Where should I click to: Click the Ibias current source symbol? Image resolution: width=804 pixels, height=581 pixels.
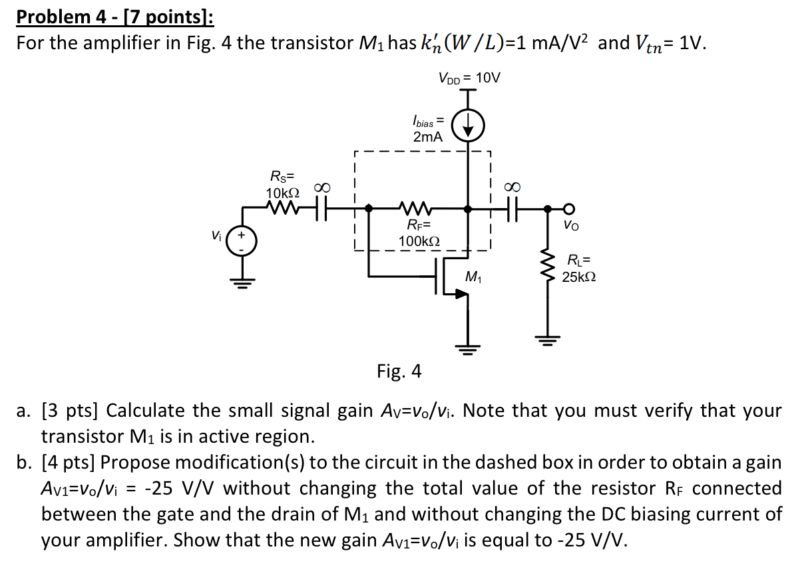pyautogui.click(x=469, y=124)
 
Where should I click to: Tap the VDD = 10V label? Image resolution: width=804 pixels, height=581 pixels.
pyautogui.click(x=469, y=78)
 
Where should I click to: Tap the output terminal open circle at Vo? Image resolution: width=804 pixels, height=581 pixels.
pyautogui.click(x=569, y=208)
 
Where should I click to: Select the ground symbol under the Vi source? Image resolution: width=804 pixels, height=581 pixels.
pyautogui.click(x=240, y=281)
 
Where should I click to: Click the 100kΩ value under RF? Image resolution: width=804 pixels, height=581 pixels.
pyautogui.click(x=419, y=241)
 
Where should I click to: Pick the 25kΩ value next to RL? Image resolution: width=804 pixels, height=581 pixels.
pyautogui.click(x=579, y=277)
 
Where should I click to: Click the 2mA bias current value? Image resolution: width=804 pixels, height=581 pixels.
pyautogui.click(x=427, y=137)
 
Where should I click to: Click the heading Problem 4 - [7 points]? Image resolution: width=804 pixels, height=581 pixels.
pyautogui.click(x=114, y=16)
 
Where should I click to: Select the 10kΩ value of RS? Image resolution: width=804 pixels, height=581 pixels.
pyautogui.click(x=282, y=193)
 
